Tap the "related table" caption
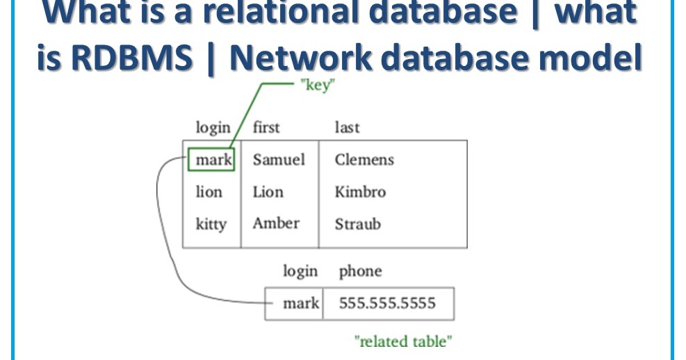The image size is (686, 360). coord(403,341)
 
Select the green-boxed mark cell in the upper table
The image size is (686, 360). coord(211,160)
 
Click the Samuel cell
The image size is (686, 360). coord(279,159)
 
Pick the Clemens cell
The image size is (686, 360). coord(364,159)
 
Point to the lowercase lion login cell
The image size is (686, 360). coord(209,192)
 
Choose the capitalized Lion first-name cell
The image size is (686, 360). coord(268,192)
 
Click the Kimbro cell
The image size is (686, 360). coord(360,192)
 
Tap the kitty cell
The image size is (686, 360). coord(211,224)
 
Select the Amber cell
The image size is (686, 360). coord(276,223)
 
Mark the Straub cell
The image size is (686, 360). coord(358,224)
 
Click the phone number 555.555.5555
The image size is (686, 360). coord(387,303)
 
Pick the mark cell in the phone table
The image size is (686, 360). coord(301,303)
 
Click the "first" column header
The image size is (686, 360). coord(266,127)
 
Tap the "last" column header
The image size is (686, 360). coord(347,127)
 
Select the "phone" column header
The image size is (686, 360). coord(361,272)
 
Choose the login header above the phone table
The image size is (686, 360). coord(300,272)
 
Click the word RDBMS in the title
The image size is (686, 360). coord(131,57)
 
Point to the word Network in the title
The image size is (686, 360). coord(300,57)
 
